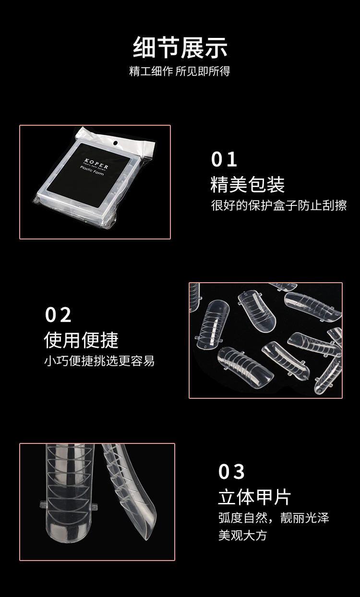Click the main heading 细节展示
pyautogui.click(x=180, y=47)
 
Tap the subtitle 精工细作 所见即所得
pyautogui.click(x=180, y=72)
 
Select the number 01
pyautogui.click(x=224, y=160)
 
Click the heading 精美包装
pyautogui.click(x=247, y=184)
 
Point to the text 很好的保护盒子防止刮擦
pyautogui.click(x=279, y=205)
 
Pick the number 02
pyautogui.click(x=58, y=315)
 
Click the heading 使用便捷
pyautogui.click(x=81, y=340)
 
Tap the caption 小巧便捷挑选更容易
pyautogui.click(x=99, y=361)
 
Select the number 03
pyautogui.click(x=231, y=472)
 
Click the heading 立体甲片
pyautogui.click(x=254, y=497)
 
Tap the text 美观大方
pyautogui.click(x=242, y=535)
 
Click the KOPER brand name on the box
pyautogui.click(x=96, y=159)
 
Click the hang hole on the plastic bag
pyautogui.click(x=115, y=143)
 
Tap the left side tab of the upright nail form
pyautogui.click(x=42, y=504)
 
